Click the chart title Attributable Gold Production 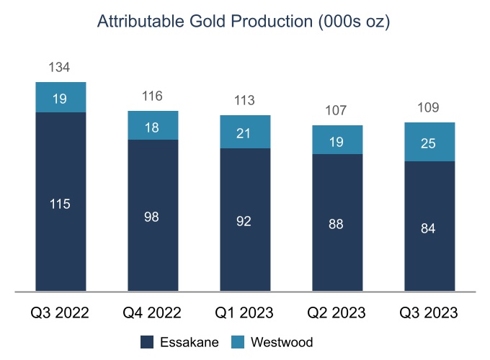(x=244, y=22)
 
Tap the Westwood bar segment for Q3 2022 (x=61, y=98)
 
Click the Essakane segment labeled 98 (x=153, y=216)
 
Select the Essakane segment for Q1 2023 (x=245, y=220)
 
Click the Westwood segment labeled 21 (x=245, y=132)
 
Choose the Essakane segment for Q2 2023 (x=337, y=223)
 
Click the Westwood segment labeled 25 (x=429, y=142)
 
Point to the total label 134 (x=59, y=68)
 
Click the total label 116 (x=152, y=96)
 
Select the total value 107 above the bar (x=337, y=111)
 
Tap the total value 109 (x=429, y=108)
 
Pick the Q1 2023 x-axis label (x=245, y=314)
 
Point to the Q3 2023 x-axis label (x=429, y=314)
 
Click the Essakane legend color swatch (x=148, y=342)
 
